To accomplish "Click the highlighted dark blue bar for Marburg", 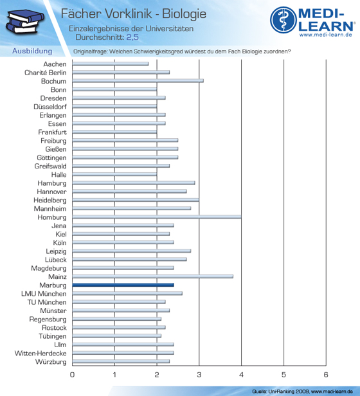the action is pyautogui.click(x=123, y=285).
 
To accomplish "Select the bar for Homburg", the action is pyautogui.click(x=157, y=217).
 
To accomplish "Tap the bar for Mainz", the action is pyautogui.click(x=152, y=276).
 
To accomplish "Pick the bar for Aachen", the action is pyautogui.click(x=111, y=64).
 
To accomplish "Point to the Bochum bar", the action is pyautogui.click(x=138, y=81).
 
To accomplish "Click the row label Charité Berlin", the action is pyautogui.click(x=46, y=73).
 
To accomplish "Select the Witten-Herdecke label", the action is pyautogui.click(x=40, y=354).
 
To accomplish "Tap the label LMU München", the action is pyautogui.click(x=44, y=294).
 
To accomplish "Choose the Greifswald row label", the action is pyautogui.click(x=51, y=166).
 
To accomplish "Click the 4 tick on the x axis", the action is pyautogui.click(x=241, y=375).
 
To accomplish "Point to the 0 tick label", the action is pyautogui.click(x=72, y=375).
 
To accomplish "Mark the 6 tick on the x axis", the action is pyautogui.click(x=326, y=375).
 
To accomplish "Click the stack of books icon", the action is pyautogui.click(x=25, y=22).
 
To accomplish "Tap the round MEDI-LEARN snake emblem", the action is pyautogui.click(x=283, y=20).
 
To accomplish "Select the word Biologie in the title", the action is pyautogui.click(x=184, y=14).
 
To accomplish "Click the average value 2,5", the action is pyautogui.click(x=132, y=37).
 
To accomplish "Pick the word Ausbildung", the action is pyautogui.click(x=32, y=51).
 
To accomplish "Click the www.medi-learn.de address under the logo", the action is pyautogui.click(x=326, y=35).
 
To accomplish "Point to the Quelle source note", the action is pyautogui.click(x=302, y=392).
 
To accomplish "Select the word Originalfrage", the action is pyautogui.click(x=90, y=51).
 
